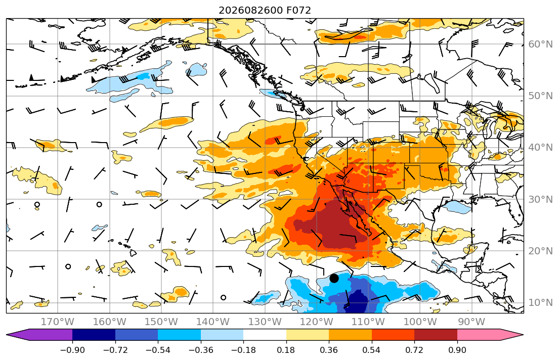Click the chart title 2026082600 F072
265,10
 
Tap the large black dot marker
334,279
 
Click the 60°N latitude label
540,44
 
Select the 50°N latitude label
540,96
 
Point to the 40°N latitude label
540,148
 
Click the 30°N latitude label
540,199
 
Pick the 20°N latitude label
540,251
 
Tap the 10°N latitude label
540,303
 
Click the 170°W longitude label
58,322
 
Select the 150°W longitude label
161,322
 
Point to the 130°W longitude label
265,322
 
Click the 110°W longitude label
368,322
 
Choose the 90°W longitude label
471,322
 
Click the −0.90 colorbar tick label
72,350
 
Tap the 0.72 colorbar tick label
414,350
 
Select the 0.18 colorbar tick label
286,350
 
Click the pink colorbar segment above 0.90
490,335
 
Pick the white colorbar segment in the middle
265,335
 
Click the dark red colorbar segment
436,335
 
